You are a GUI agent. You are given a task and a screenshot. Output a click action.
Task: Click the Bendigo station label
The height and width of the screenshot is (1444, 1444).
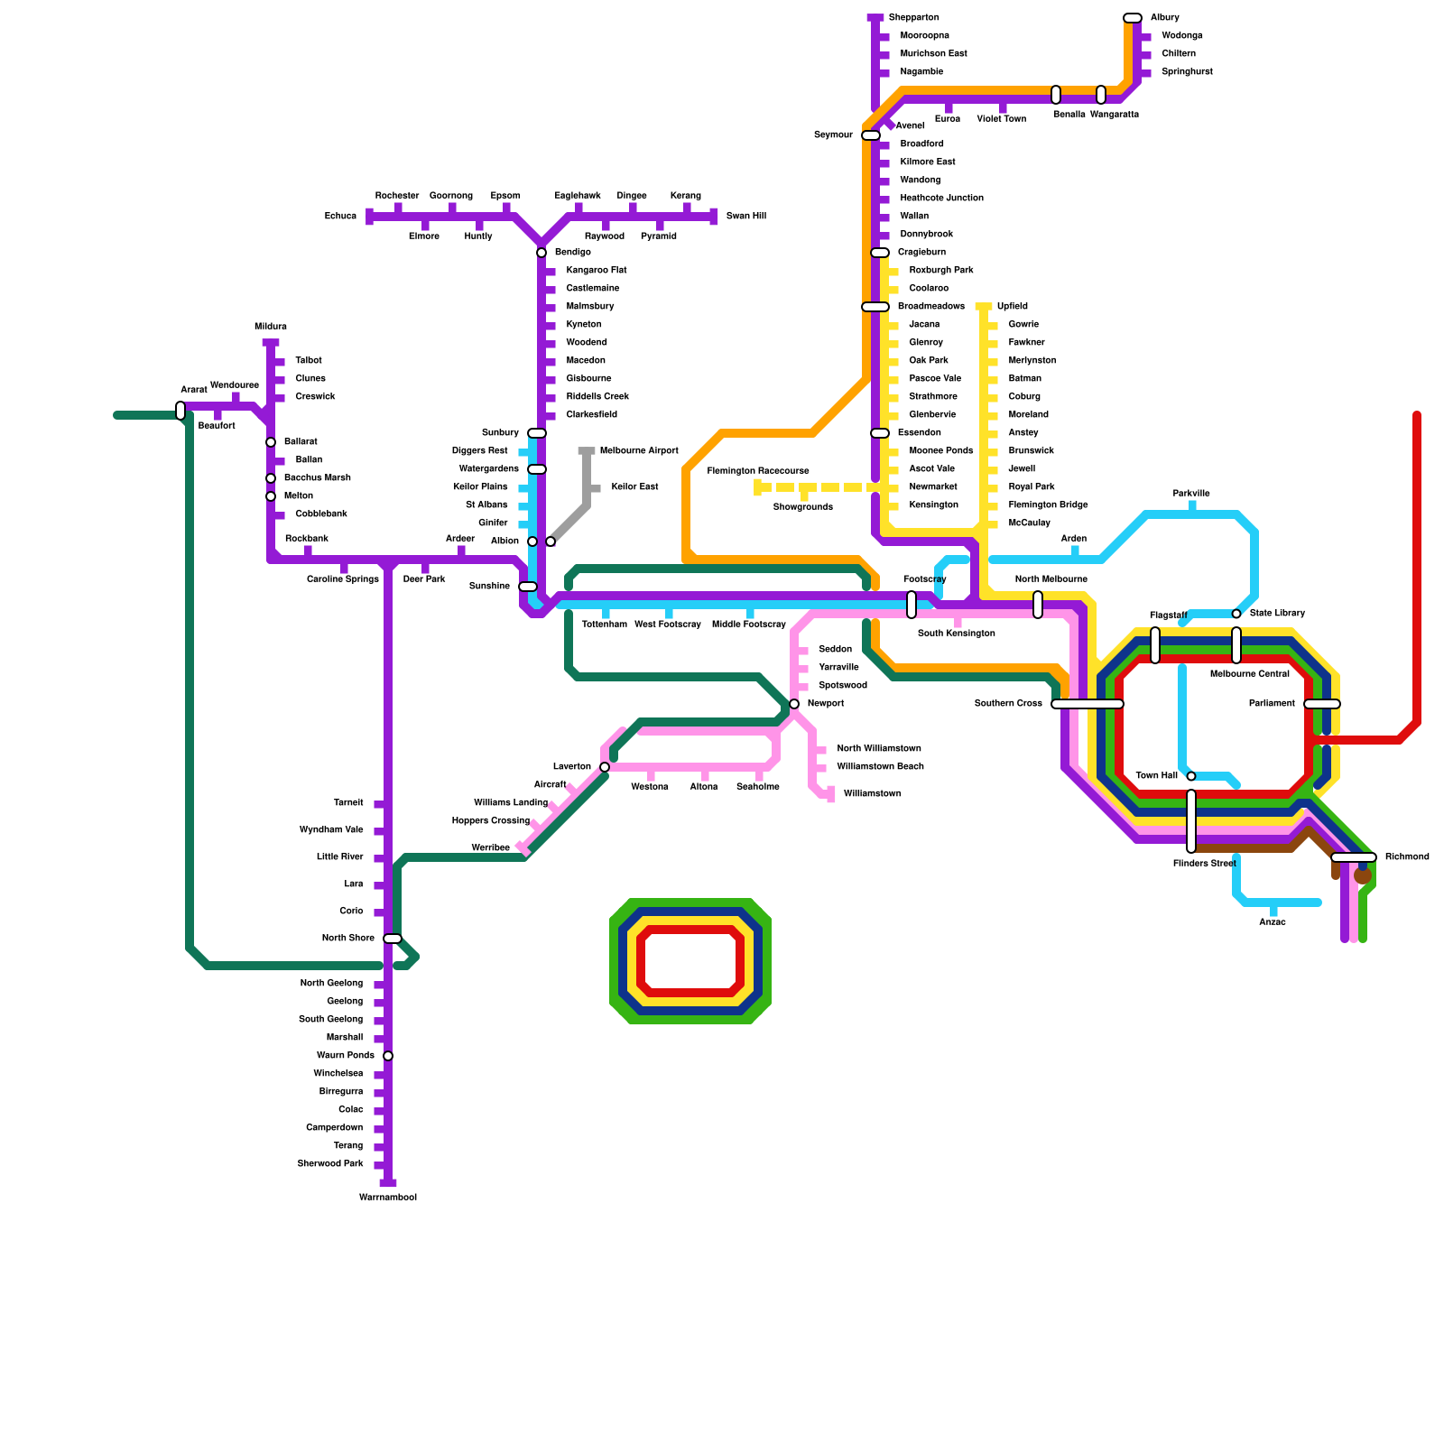[572, 253]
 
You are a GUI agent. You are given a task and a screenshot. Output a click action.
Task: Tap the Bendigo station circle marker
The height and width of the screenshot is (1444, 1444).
[541, 253]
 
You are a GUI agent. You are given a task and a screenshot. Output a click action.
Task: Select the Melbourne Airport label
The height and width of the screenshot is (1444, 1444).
[638, 451]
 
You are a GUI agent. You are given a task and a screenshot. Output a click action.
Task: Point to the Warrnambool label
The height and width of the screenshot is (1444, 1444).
[388, 1198]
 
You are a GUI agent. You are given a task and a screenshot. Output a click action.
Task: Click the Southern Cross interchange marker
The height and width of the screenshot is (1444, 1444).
[1088, 704]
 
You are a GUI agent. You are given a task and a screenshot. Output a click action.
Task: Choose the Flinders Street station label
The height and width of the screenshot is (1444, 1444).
[1204, 864]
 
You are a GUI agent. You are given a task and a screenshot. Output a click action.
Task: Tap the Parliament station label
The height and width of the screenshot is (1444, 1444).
[1272, 704]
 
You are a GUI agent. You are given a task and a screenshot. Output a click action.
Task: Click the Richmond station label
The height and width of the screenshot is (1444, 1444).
[1406, 857]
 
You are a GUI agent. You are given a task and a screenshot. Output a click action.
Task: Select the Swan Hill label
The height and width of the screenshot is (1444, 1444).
[745, 217]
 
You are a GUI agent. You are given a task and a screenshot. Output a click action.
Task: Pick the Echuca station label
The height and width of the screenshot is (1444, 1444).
[340, 217]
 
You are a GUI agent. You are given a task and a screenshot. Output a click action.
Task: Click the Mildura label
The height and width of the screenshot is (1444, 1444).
[271, 327]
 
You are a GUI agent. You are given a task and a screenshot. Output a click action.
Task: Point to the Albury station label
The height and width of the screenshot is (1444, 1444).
[1164, 18]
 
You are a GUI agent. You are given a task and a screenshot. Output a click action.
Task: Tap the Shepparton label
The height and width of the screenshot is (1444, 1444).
[913, 18]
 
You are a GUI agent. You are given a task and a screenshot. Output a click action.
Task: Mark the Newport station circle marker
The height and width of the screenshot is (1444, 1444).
[794, 704]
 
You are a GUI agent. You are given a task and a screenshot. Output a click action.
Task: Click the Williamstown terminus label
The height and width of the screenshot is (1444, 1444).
[872, 794]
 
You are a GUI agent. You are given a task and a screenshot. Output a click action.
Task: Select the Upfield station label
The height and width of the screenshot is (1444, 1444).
[1012, 307]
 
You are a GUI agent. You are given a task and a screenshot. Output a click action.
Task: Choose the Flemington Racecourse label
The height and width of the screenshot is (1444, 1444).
[758, 471]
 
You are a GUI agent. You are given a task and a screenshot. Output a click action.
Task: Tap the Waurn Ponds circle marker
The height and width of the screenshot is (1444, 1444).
[388, 1056]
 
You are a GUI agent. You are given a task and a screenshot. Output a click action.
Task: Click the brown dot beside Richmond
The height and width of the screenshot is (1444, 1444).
[1363, 875]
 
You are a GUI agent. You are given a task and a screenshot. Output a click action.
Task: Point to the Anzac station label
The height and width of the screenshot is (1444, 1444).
[1273, 922]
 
